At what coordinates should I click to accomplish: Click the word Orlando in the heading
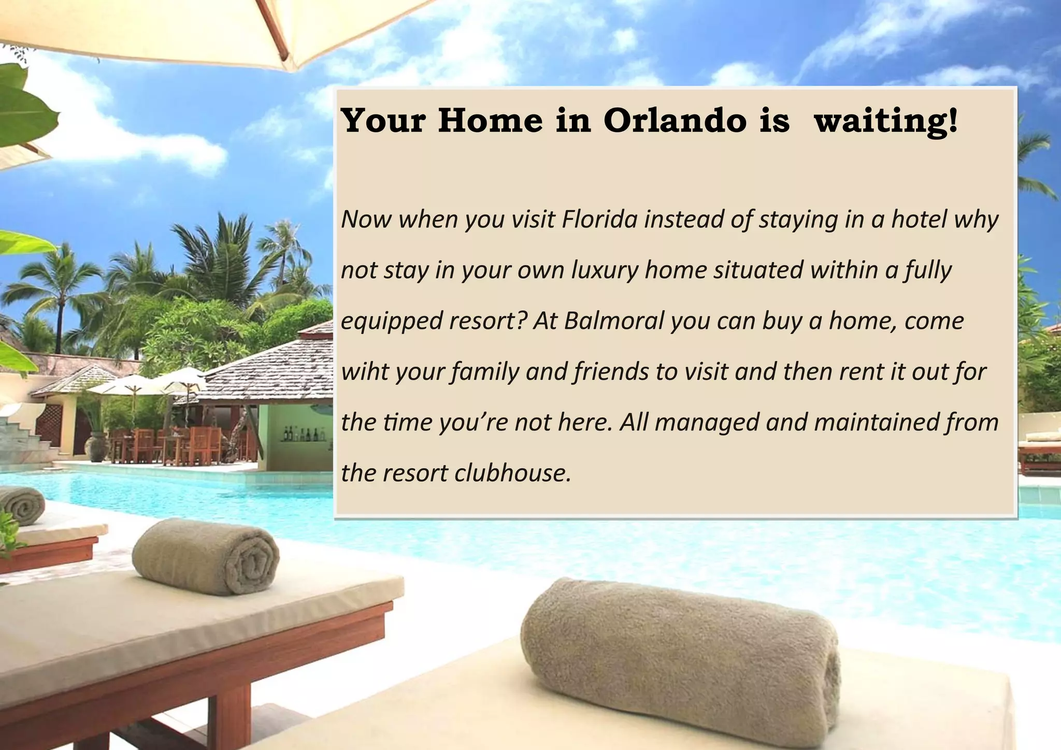click(x=675, y=121)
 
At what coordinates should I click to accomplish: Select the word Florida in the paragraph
click(x=599, y=219)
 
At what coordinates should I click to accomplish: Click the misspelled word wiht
click(x=364, y=371)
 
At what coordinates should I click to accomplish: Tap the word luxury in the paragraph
click(x=605, y=270)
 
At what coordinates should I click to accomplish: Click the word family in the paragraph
click(x=485, y=372)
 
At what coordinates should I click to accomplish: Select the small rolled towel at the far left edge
click(x=22, y=504)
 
